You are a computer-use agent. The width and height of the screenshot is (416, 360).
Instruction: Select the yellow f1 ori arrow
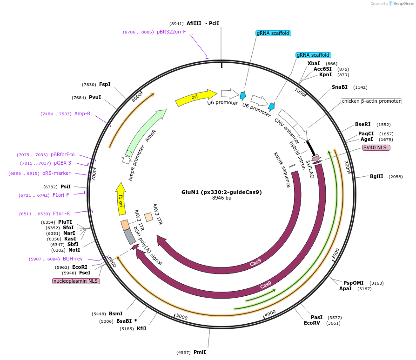[121, 199]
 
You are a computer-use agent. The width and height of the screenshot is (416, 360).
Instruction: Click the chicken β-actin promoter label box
[371, 101]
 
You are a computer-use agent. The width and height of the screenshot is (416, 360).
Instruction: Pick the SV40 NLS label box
[376, 148]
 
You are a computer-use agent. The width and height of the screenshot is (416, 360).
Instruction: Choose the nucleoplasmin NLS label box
[76, 281]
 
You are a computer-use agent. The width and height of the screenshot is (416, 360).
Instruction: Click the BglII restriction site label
[376, 177]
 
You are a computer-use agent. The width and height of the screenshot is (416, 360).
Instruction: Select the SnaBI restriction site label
[339, 87]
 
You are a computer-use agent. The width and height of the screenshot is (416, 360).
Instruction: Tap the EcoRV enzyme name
[312, 323]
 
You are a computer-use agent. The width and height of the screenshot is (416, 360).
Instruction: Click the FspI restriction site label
[105, 84]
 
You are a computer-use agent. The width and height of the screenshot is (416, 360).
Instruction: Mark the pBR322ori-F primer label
[171, 32]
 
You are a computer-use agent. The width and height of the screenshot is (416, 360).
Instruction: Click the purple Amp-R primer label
[82, 113]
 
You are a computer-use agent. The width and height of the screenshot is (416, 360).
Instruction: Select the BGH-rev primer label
[73, 259]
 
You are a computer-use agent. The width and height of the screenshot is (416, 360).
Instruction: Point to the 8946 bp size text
[221, 198]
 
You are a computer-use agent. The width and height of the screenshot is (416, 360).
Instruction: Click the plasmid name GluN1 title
[221, 192]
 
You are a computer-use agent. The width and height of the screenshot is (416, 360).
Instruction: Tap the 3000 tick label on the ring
[336, 255]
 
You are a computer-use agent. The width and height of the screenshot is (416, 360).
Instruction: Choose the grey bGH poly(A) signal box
[130, 237]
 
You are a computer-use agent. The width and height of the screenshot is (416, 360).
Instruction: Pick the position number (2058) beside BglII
[396, 177]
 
